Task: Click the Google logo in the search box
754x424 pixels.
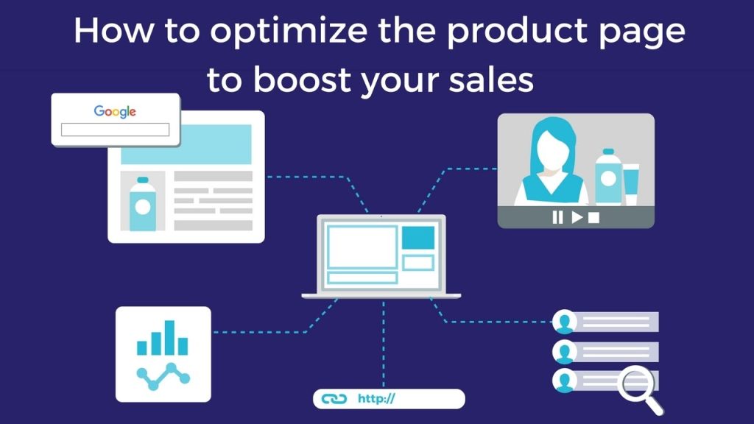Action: coord(115,112)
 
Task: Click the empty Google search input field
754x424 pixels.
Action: coord(115,130)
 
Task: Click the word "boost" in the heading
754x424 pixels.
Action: coord(299,79)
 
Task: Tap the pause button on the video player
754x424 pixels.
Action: coord(557,217)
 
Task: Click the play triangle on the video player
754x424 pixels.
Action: coord(577,217)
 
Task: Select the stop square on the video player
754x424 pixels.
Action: coord(594,217)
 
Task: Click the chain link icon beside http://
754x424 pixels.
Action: coord(334,399)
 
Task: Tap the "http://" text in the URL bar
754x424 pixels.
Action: coord(376,399)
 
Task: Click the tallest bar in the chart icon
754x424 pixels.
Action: coord(170,337)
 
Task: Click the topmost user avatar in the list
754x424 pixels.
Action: coord(565,322)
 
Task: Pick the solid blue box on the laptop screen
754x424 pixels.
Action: coord(417,237)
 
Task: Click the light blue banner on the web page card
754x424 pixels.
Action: coord(186,144)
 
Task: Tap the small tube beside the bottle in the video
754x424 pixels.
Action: coord(632,183)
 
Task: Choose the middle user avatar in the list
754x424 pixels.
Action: coord(565,350)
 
